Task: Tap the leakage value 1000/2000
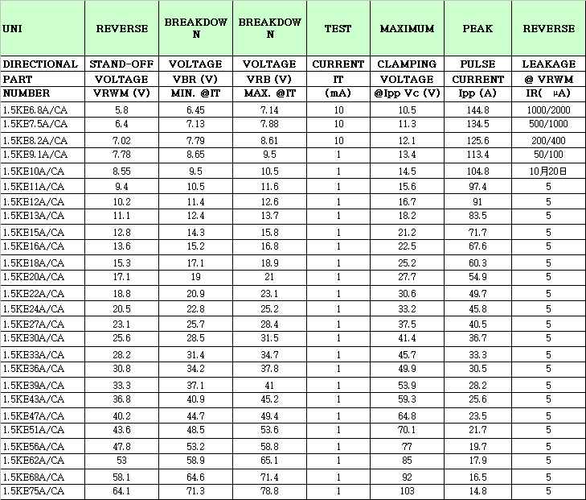[x=548, y=109]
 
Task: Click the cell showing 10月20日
[x=548, y=171]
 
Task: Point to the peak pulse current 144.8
[x=477, y=109]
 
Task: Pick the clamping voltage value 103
[x=407, y=490]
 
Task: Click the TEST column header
[x=338, y=29]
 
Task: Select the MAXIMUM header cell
[x=407, y=29]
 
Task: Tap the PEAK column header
[x=477, y=29]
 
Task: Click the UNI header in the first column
[x=12, y=29]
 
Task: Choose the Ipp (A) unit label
[x=477, y=93]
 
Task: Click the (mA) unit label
[x=338, y=93]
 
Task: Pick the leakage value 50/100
[x=548, y=154]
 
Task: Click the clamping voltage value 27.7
[x=407, y=277]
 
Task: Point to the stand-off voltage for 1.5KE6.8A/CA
[x=121, y=109]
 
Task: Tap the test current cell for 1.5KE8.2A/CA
[x=338, y=140]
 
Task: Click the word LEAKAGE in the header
[x=548, y=64]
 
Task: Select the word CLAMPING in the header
[x=407, y=64]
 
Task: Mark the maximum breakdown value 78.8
[x=269, y=490]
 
